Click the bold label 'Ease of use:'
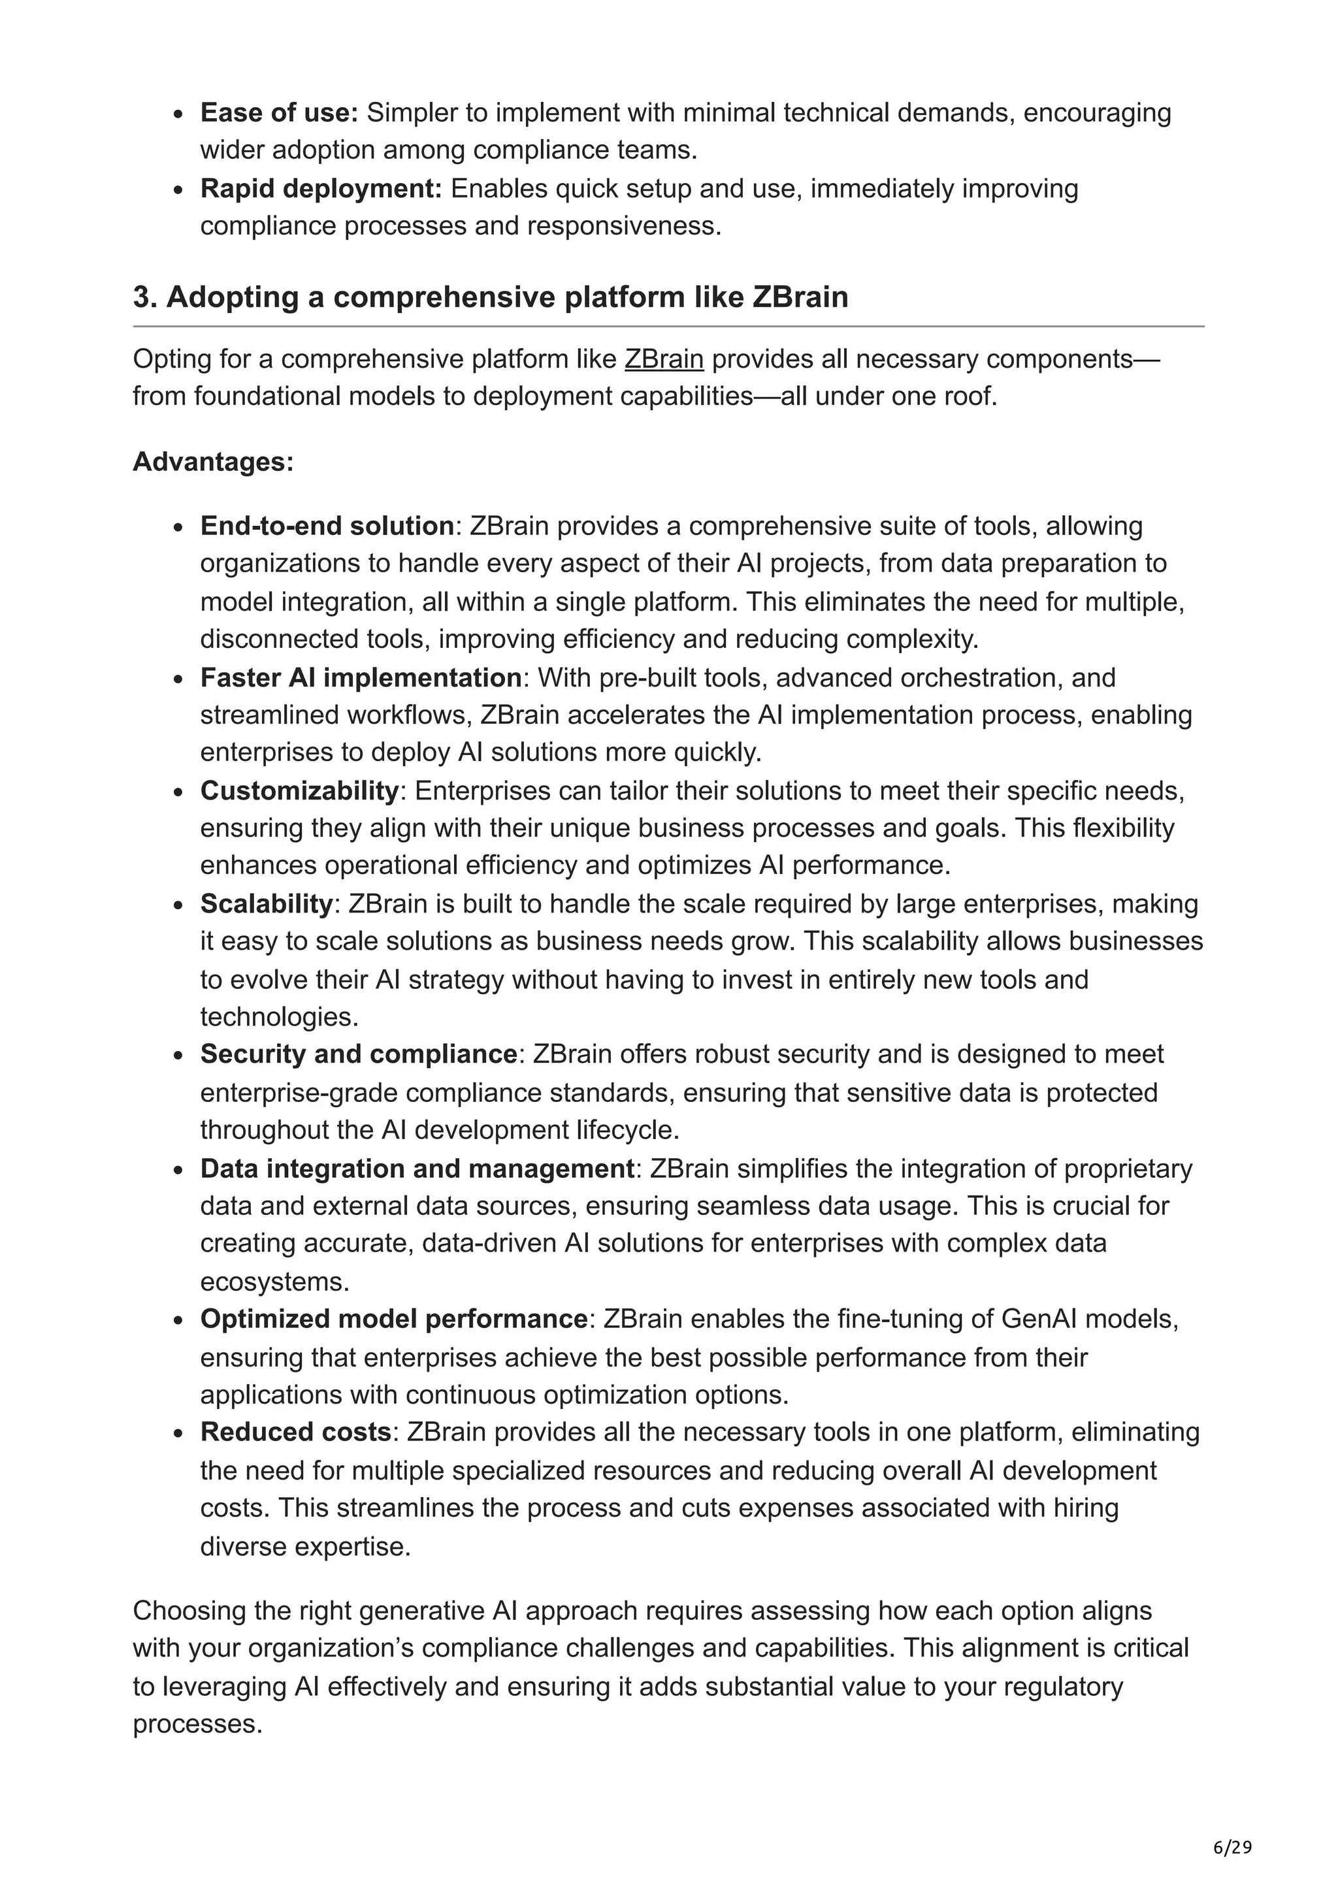pos(279,112)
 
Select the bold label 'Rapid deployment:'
pos(321,189)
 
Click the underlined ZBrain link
pos(664,359)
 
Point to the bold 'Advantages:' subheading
pos(213,462)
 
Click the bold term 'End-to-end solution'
pos(327,526)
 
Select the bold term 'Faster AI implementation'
pos(360,678)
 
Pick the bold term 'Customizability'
pos(299,790)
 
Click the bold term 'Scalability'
pos(265,903)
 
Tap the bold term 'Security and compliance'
pos(358,1054)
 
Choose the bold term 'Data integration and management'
pos(416,1169)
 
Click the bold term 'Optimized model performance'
pos(393,1319)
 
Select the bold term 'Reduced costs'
pos(295,1432)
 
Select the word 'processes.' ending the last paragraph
pos(197,1724)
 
